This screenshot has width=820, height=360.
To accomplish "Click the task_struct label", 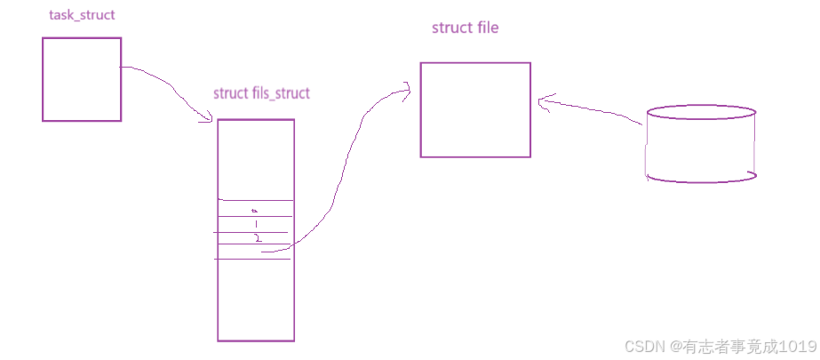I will coord(82,16).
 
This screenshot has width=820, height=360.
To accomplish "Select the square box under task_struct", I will coord(82,79).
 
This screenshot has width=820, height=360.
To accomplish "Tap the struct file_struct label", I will coord(262,93).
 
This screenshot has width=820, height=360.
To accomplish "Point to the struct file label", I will coord(465,28).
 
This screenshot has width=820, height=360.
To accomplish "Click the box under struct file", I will coord(475,109).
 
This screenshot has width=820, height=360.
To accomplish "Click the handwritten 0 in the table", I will coord(254,211).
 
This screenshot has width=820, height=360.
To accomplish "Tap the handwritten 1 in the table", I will coord(256,225).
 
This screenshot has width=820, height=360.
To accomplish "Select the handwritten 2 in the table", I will coord(257,239).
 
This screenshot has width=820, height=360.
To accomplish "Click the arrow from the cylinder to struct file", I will coord(591,111).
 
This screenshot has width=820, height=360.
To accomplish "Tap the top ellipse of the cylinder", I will coord(702,115).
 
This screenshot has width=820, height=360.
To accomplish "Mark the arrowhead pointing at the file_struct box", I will coord(208,118).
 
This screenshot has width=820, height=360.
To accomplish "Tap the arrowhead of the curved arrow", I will coord(407,87).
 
